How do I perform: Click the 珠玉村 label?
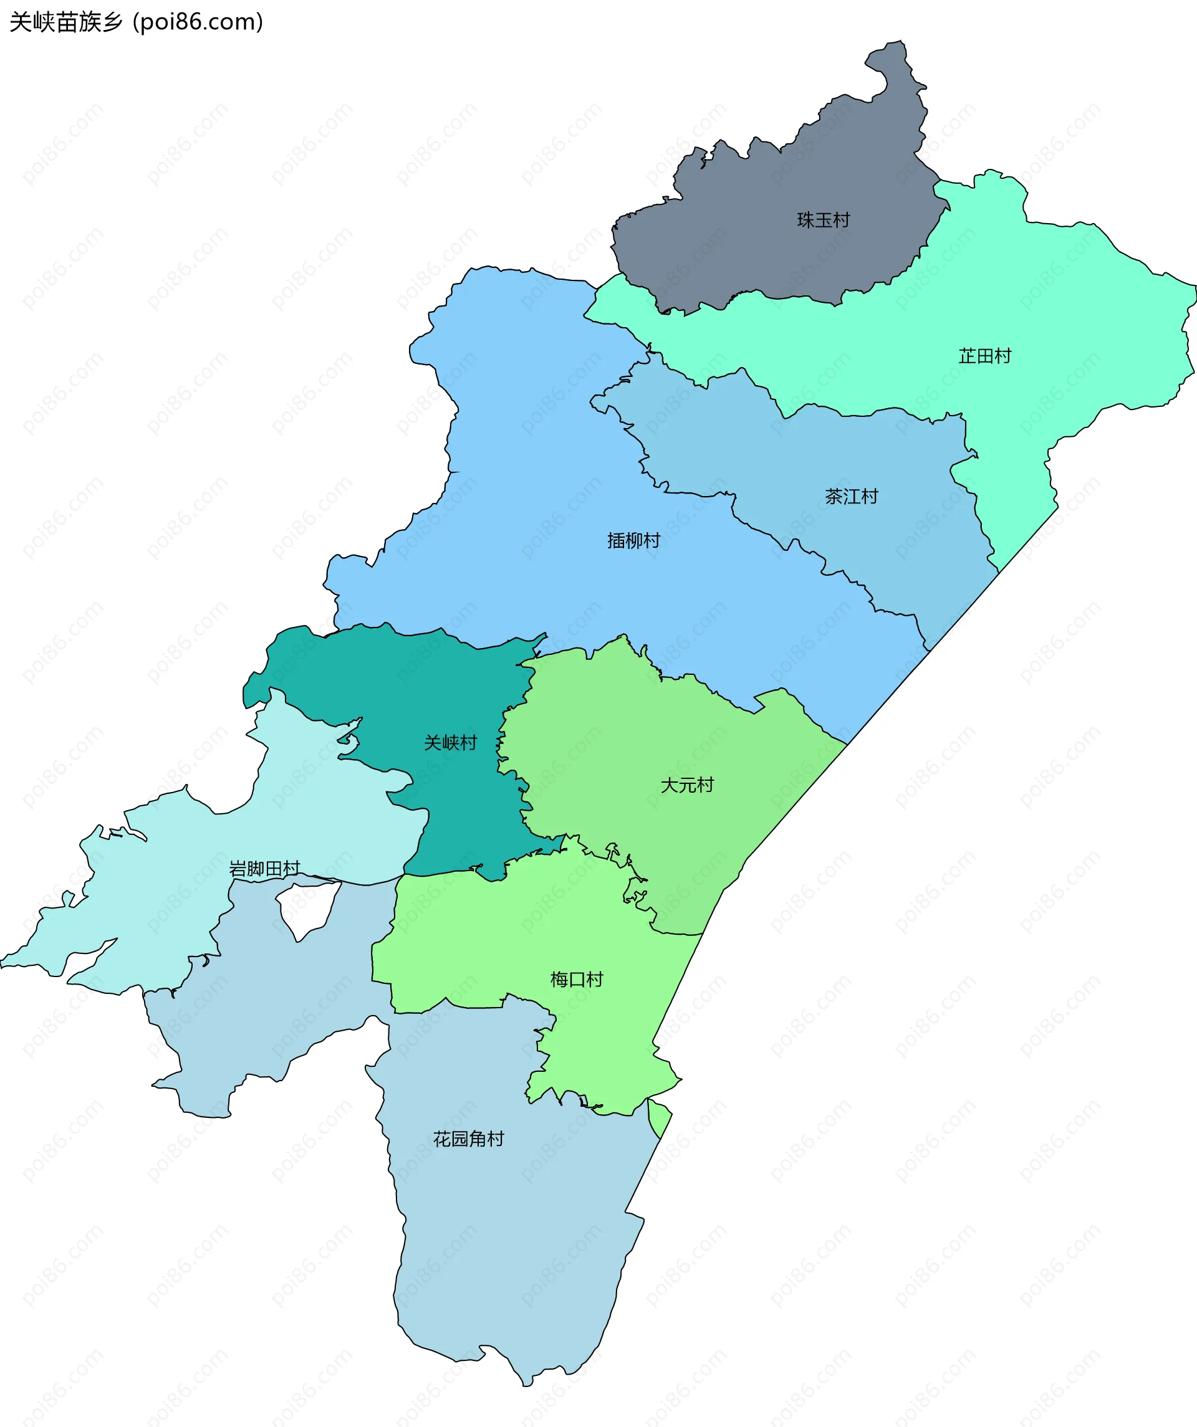point(823,220)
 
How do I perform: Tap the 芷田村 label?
point(984,356)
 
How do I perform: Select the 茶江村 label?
point(851,497)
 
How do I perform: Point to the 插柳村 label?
point(633,541)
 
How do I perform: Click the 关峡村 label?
point(450,743)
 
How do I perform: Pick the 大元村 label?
point(687,786)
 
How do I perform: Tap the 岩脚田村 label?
point(264,869)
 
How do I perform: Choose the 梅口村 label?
point(577,979)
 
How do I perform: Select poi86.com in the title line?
point(198,22)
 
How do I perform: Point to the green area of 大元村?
point(646,734)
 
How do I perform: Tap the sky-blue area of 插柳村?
point(544,442)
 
